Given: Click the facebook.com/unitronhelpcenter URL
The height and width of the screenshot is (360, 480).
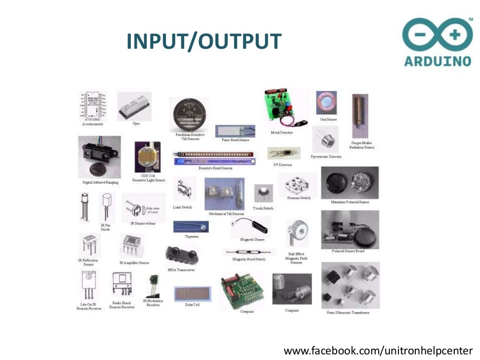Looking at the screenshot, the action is pos(378,351).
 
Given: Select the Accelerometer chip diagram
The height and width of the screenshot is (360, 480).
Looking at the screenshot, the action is pos(92,106).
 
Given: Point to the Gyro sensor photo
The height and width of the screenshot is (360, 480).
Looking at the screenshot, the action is pos(134,106).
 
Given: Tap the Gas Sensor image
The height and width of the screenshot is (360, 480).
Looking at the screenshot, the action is pos(327,103).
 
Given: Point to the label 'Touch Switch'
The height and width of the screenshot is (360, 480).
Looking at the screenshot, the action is pos(263,208).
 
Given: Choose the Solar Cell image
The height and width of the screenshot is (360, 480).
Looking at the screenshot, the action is pos(192,293).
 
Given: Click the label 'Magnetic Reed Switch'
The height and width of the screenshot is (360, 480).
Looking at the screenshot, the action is pos(249,259).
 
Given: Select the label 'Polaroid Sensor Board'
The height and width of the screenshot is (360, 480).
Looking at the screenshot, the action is pos(348,251).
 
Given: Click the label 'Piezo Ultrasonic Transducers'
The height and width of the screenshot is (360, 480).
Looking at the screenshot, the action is pos(348,312).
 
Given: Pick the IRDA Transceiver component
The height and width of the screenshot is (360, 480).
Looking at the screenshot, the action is pos(182,255).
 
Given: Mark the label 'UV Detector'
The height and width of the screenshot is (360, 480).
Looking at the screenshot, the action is pos(282,165).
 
